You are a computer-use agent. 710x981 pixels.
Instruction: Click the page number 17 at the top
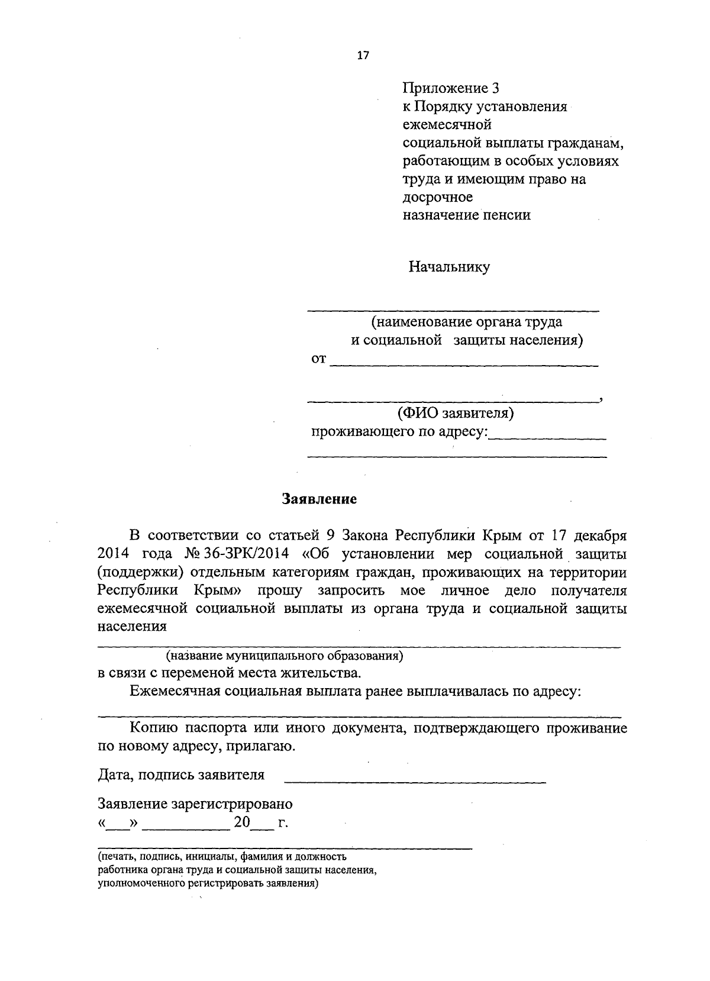pyautogui.click(x=363, y=56)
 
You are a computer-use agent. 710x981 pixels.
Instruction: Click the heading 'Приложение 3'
pyautogui.click(x=451, y=89)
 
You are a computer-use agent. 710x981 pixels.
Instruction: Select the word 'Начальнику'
pyautogui.click(x=449, y=267)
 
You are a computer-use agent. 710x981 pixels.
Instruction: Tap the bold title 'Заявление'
pyautogui.click(x=319, y=499)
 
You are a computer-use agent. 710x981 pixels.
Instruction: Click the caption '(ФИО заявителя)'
pyautogui.click(x=455, y=412)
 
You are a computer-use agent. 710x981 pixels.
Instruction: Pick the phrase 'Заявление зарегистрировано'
pyautogui.click(x=195, y=804)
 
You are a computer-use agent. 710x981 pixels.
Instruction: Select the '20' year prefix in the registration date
pyautogui.click(x=243, y=822)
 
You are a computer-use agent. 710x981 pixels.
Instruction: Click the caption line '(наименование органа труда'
pyautogui.click(x=466, y=322)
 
